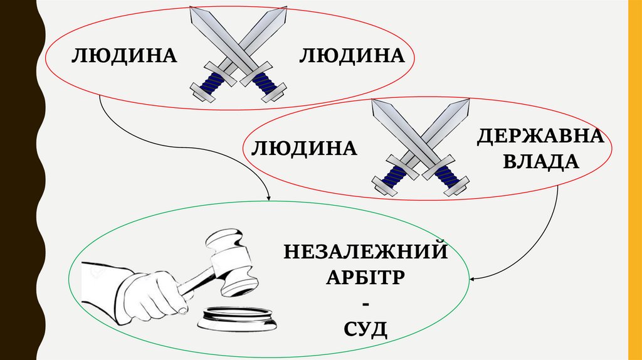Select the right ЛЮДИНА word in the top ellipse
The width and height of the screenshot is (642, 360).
350,56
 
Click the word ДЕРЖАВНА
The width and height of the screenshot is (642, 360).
541,136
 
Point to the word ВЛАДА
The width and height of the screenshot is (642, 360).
541,162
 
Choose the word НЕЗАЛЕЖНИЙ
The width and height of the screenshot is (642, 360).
366,252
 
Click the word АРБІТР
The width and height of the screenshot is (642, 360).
366,277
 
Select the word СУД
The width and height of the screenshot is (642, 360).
366,327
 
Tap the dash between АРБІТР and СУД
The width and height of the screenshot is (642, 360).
366,304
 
